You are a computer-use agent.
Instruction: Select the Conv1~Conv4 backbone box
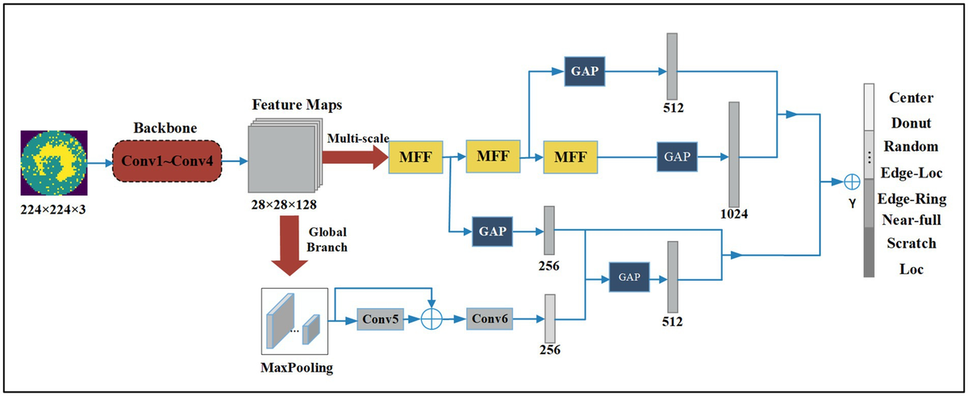click(168, 161)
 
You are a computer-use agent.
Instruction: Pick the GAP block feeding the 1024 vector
click(677, 156)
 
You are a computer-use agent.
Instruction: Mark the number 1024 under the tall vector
click(733, 216)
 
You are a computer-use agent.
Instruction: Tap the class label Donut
click(912, 123)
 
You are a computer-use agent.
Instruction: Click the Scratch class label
click(912, 243)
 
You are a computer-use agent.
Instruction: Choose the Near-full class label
click(912, 219)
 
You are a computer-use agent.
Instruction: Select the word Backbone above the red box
click(166, 128)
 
